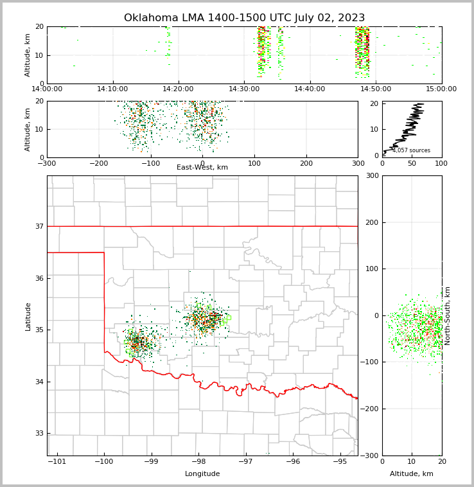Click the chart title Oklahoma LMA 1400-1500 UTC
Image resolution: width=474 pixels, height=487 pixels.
point(244,18)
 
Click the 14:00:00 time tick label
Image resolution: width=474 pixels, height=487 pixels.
point(47,89)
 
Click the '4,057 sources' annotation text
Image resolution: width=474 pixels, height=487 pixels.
point(411,150)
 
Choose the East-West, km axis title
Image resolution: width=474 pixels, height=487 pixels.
point(202,168)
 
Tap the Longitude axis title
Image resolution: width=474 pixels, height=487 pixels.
point(202,474)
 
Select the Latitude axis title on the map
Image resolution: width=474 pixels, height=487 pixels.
point(28,316)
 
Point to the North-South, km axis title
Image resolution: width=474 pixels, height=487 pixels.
point(448,316)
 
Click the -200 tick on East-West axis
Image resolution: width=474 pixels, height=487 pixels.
point(98,163)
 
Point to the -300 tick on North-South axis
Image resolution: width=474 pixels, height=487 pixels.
point(368,456)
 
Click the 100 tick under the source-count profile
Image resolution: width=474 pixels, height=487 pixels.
point(441,163)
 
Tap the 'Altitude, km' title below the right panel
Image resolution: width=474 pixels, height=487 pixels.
point(412,474)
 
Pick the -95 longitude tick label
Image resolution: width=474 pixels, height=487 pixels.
point(340,462)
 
